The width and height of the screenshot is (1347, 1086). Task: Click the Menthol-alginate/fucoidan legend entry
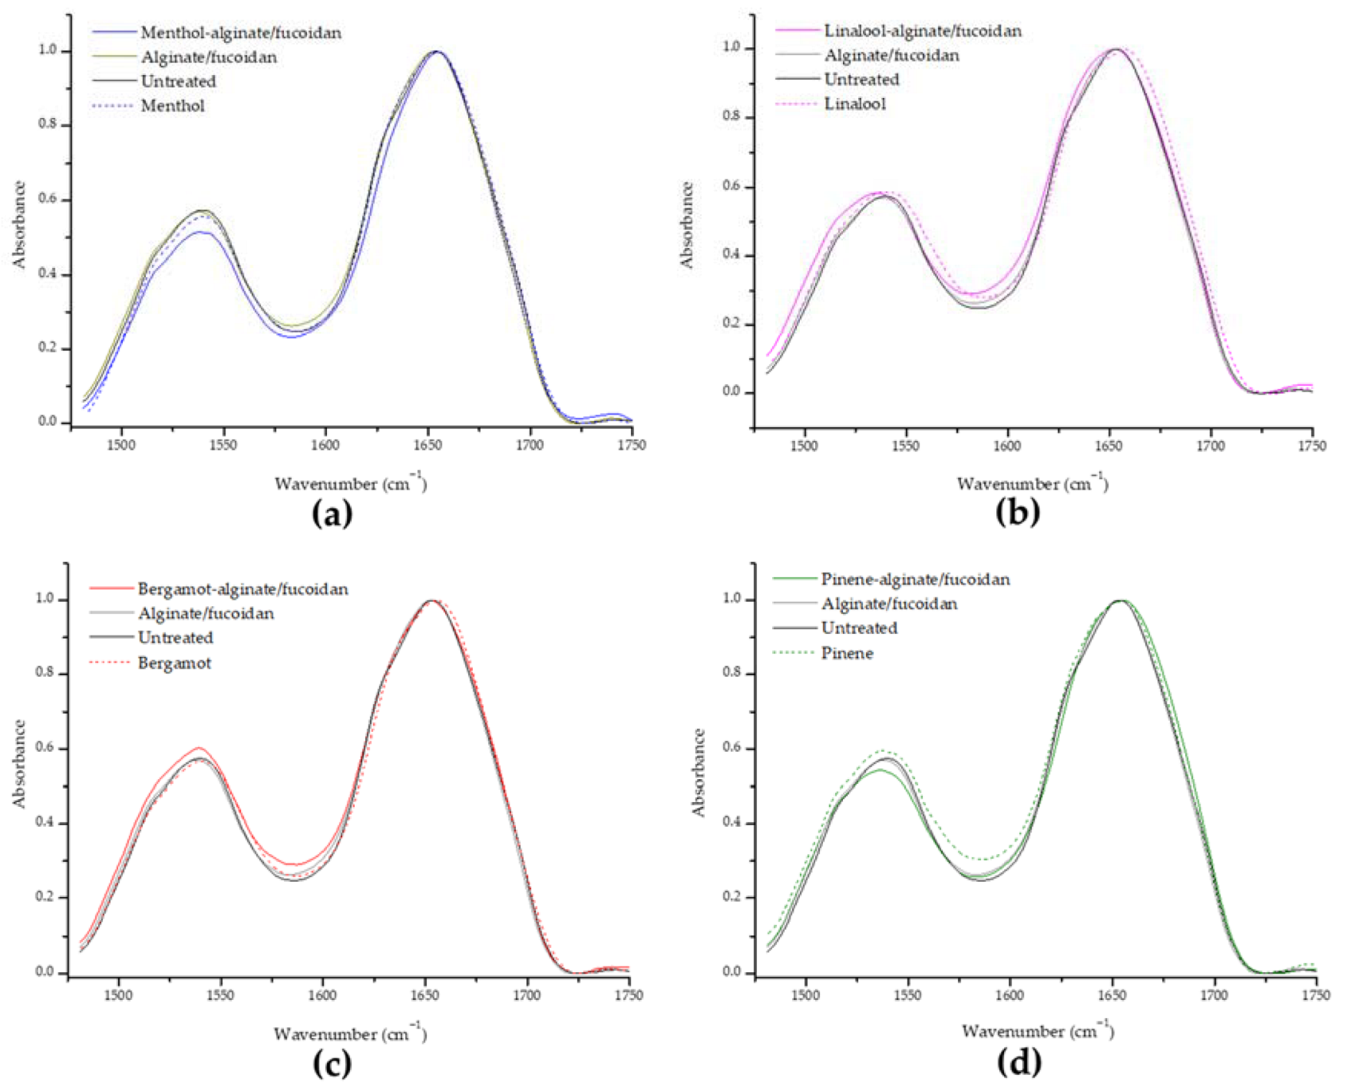240,33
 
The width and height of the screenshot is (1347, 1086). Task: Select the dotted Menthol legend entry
172,106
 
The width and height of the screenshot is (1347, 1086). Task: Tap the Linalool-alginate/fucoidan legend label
922,31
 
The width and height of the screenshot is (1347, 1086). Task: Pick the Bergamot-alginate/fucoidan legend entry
242,589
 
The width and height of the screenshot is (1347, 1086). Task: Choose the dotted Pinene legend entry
846,653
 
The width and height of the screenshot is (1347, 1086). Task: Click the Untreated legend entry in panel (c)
175,637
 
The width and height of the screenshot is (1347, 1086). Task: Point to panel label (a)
332,515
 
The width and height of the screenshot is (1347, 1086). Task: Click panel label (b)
1017,512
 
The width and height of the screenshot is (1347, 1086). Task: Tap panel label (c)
332,1062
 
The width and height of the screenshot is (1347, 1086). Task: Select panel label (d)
1019,1061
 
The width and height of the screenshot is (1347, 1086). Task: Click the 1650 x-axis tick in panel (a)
427,444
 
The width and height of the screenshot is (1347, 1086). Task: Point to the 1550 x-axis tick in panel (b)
905,445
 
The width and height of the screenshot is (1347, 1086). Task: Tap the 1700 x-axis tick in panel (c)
526,995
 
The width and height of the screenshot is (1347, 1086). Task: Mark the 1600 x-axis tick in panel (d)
1010,995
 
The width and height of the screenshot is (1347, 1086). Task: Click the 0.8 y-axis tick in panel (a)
47,125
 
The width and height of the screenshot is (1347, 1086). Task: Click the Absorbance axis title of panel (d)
698,772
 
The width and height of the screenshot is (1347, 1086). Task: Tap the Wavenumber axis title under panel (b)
1032,483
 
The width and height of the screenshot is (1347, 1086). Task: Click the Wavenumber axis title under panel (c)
349,1033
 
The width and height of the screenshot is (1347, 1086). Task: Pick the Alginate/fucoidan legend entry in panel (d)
889,604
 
